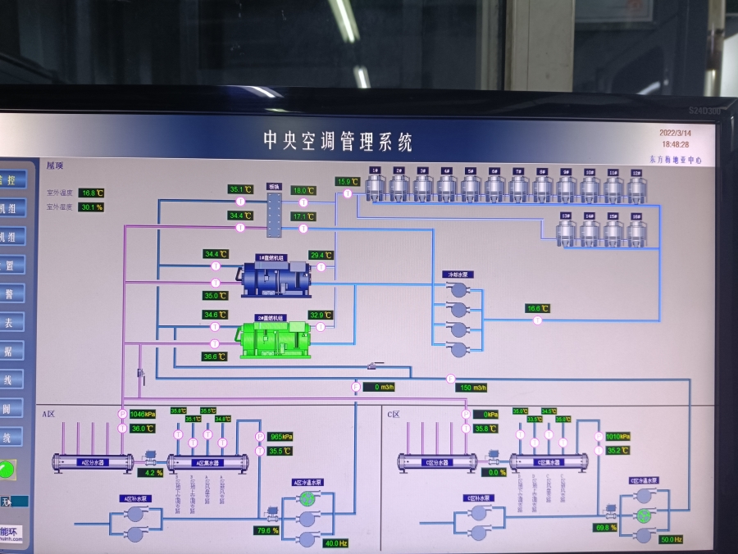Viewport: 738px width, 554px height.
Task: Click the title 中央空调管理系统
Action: coord(337,141)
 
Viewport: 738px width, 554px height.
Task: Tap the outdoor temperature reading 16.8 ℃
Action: coord(92,193)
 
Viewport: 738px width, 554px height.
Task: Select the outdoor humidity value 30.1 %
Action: coord(92,207)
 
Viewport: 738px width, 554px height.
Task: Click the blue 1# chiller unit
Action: coord(276,279)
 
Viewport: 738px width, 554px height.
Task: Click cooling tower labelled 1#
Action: coord(375,186)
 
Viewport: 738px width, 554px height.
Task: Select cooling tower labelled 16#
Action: coord(636,231)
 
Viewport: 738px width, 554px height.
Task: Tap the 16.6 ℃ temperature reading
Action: coord(537,309)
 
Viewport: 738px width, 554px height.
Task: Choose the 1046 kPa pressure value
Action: coord(142,414)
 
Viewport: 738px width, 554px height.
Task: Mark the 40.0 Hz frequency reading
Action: coord(336,543)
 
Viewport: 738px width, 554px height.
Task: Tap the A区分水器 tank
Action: coord(93,462)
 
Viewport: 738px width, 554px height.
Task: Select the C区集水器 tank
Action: coord(549,462)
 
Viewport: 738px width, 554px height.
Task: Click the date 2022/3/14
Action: coord(675,132)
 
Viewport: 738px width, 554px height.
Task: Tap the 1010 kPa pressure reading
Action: coord(617,437)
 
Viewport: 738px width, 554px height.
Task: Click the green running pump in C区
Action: coord(645,515)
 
